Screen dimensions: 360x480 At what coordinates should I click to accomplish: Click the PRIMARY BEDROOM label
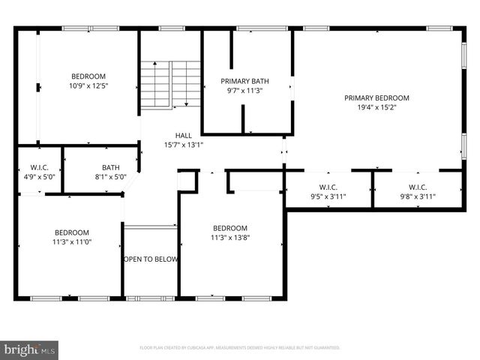coord(376,97)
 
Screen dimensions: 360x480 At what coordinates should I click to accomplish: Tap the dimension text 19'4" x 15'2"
coord(376,107)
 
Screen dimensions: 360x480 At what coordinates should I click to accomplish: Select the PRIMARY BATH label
coord(244,81)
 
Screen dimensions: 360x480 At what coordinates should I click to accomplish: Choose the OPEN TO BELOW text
coord(150,259)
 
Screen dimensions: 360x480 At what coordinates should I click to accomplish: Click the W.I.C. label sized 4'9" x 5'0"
coord(39,167)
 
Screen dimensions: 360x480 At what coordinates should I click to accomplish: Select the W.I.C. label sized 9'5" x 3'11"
coord(328,187)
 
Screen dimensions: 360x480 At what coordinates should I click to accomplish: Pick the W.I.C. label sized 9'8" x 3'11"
coord(418,187)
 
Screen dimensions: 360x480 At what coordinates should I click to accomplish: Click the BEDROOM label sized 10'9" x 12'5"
coord(88,76)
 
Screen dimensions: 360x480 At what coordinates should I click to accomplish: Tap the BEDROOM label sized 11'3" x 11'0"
coord(71,232)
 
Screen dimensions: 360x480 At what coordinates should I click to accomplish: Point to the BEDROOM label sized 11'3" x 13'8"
coord(231,228)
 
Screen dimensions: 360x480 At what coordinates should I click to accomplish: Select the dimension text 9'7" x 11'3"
coord(244,90)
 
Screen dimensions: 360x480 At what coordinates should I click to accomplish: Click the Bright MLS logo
coord(30,349)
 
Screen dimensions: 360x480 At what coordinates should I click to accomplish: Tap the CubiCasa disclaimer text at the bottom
coord(240,348)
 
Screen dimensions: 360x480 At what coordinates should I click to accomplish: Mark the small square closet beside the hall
coord(187,181)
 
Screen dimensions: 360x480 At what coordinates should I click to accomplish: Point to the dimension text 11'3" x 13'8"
coord(231,238)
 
